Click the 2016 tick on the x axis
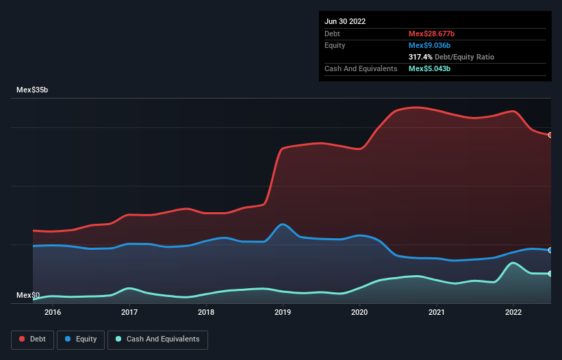tap(53, 313)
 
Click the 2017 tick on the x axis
tap(129, 313)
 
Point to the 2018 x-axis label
tap(206, 313)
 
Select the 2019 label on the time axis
tap(283, 313)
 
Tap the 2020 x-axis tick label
tap(359, 313)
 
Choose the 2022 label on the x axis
tap(513, 313)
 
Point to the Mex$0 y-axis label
tap(28, 296)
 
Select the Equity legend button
tap(81, 339)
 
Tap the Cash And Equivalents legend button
tap(157, 339)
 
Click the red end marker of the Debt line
tap(550, 135)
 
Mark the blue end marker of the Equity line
tap(550, 250)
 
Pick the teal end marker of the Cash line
tap(550, 274)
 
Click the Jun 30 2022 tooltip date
tap(345, 21)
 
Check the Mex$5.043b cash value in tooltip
tap(429, 68)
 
